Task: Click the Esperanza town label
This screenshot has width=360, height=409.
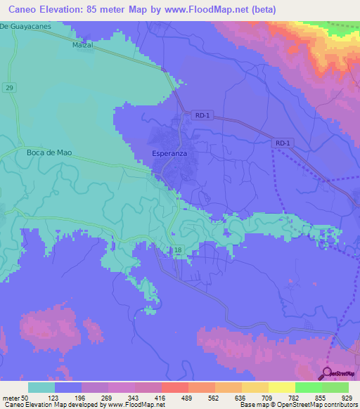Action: pyautogui.click(x=169, y=152)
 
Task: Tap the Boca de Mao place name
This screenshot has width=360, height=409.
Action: pyautogui.click(x=47, y=152)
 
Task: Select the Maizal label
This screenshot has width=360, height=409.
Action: pyautogui.click(x=83, y=44)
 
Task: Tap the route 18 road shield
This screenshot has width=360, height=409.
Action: pyautogui.click(x=178, y=249)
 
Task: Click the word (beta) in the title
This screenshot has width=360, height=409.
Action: pyautogui.click(x=261, y=10)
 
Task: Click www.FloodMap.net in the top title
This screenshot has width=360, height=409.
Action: pyautogui.click(x=204, y=10)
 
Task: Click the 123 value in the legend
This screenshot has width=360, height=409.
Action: pyautogui.click(x=53, y=397)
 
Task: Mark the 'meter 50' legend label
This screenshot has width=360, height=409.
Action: pyautogui.click(x=15, y=397)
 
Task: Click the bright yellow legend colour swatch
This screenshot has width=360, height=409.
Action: pyautogui.click(x=281, y=387)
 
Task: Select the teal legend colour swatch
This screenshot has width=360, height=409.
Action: pyautogui.click(x=41, y=387)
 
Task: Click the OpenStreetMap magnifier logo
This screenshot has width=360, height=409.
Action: pyautogui.click(x=327, y=373)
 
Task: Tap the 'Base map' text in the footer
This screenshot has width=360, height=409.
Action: pyautogui.click(x=253, y=405)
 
